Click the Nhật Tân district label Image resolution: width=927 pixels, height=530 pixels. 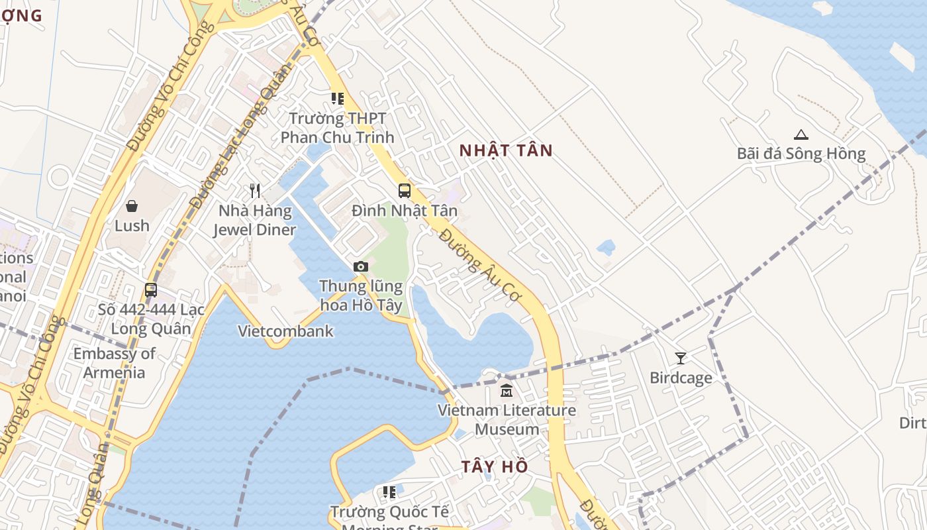pyautogui.click(x=506, y=150)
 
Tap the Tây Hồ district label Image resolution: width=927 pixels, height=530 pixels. pyautogui.click(x=495, y=466)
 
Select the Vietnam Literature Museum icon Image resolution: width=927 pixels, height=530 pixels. pyautogui.click(x=507, y=391)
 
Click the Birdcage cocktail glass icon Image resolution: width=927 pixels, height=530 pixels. pyautogui.click(x=680, y=358)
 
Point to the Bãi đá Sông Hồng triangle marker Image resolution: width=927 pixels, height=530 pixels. pyautogui.click(x=801, y=134)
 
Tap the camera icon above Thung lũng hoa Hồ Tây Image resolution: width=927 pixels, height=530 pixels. pyautogui.click(x=360, y=266)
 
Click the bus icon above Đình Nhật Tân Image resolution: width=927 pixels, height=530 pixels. pyautogui.click(x=404, y=191)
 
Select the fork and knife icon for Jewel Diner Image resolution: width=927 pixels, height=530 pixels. pyautogui.click(x=255, y=191)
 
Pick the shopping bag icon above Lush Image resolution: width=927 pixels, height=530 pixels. pyautogui.click(x=132, y=206)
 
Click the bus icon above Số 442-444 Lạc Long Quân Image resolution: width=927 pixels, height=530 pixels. pyautogui.click(x=151, y=290)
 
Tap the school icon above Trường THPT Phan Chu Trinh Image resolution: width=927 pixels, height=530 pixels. pyautogui.click(x=338, y=99)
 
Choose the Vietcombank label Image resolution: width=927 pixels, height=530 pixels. pyautogui.click(x=285, y=331)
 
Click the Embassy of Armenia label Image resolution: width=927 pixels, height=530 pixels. pyautogui.click(x=114, y=363)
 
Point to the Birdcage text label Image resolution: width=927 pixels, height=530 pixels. pyautogui.click(x=681, y=378)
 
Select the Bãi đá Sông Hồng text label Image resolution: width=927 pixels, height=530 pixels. pyautogui.click(x=801, y=154)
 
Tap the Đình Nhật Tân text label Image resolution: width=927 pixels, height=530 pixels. pyautogui.click(x=404, y=211)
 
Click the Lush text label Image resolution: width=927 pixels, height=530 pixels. pyautogui.click(x=132, y=225)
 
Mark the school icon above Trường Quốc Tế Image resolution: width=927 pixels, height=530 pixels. pyautogui.click(x=389, y=492)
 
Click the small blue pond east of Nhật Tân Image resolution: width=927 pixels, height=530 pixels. pyautogui.click(x=606, y=248)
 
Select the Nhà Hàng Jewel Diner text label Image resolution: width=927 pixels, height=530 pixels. pyautogui.click(x=254, y=221)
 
